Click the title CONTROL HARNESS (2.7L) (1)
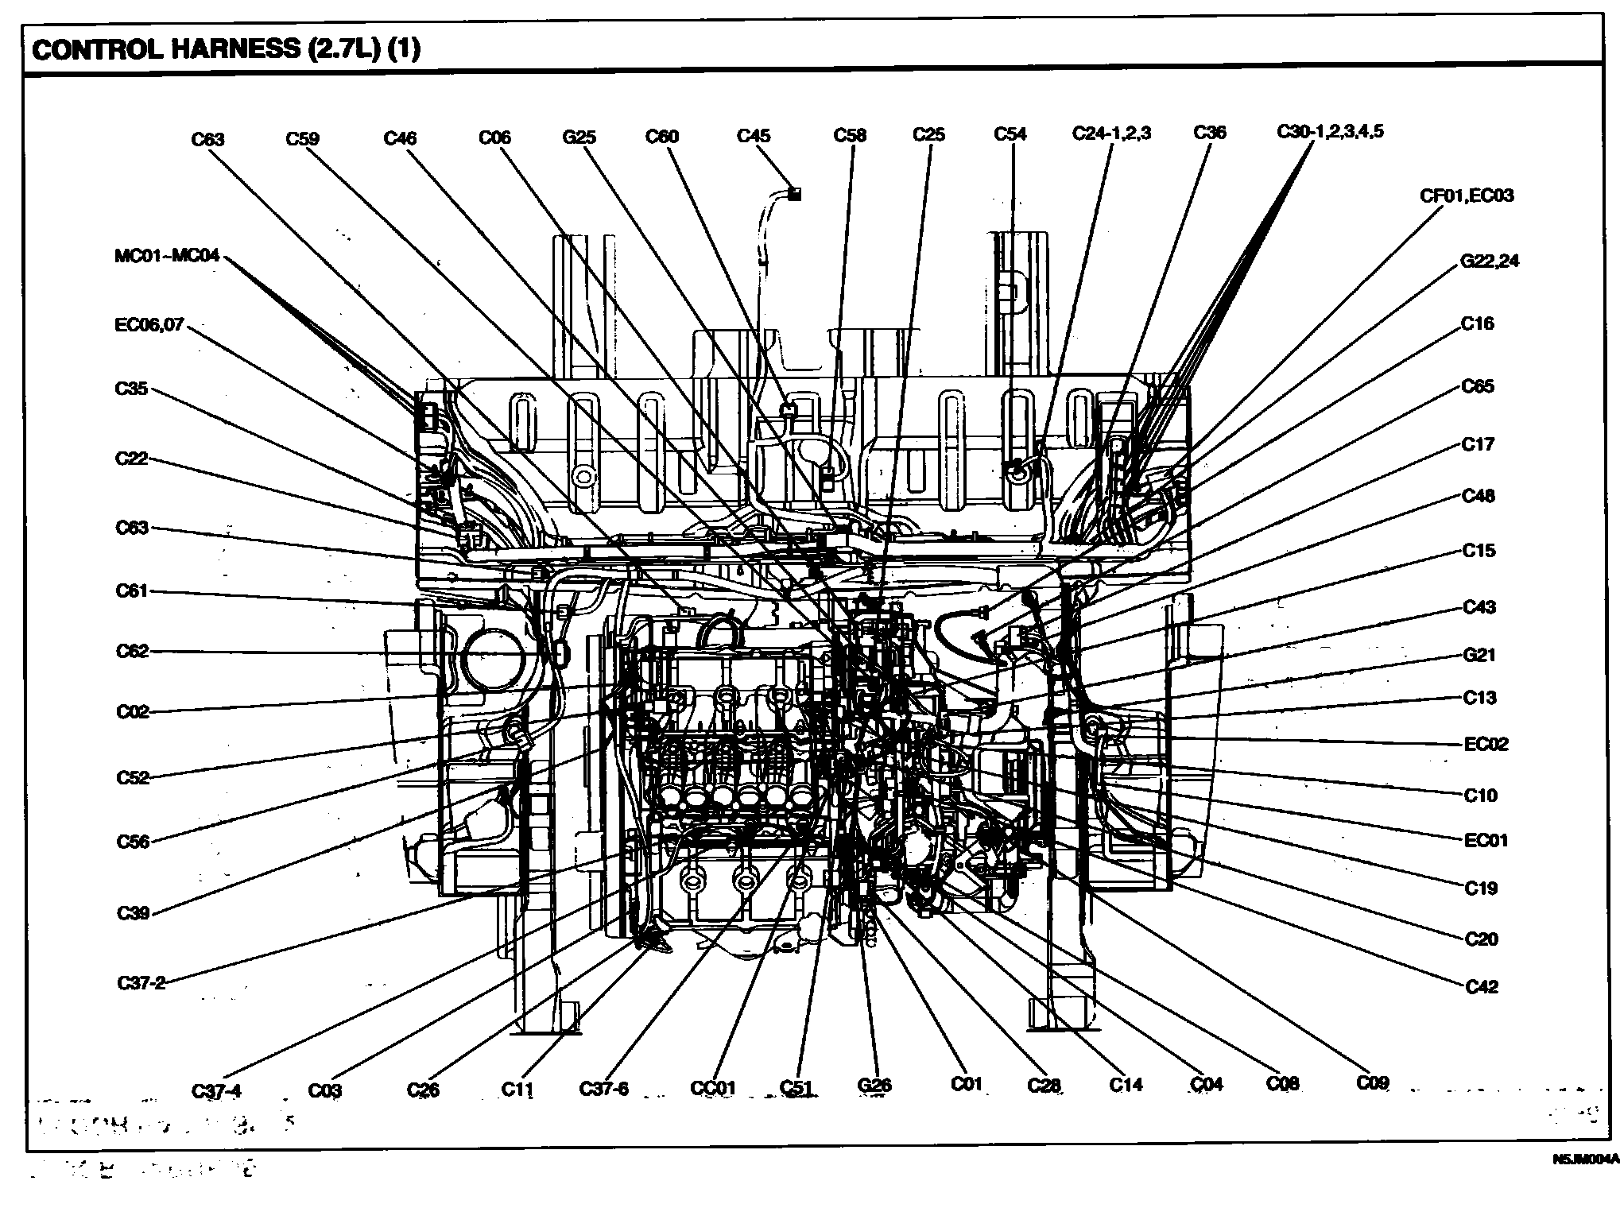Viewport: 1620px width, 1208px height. click(x=226, y=49)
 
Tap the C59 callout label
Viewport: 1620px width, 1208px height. click(x=302, y=139)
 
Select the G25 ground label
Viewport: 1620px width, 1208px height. click(x=579, y=137)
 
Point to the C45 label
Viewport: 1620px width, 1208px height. click(x=754, y=136)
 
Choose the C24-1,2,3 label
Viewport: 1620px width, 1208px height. click(x=1111, y=133)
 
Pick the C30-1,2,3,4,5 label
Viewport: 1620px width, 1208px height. click(x=1330, y=131)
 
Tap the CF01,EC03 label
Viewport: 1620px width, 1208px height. click(x=1467, y=196)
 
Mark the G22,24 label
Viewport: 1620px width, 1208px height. click(x=1490, y=261)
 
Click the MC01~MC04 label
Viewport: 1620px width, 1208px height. click(x=167, y=257)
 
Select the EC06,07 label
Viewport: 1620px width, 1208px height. click(x=149, y=325)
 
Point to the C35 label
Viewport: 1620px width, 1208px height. click(x=131, y=389)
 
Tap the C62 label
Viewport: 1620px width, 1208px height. click(x=132, y=652)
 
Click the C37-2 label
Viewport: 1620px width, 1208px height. click(x=141, y=983)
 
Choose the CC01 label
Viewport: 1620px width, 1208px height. click(x=713, y=1088)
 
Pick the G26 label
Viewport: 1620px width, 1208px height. click(x=874, y=1086)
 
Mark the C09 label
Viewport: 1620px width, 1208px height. click(x=1373, y=1082)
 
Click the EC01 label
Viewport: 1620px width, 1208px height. click(x=1486, y=840)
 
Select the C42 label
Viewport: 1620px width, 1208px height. click(x=1481, y=986)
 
